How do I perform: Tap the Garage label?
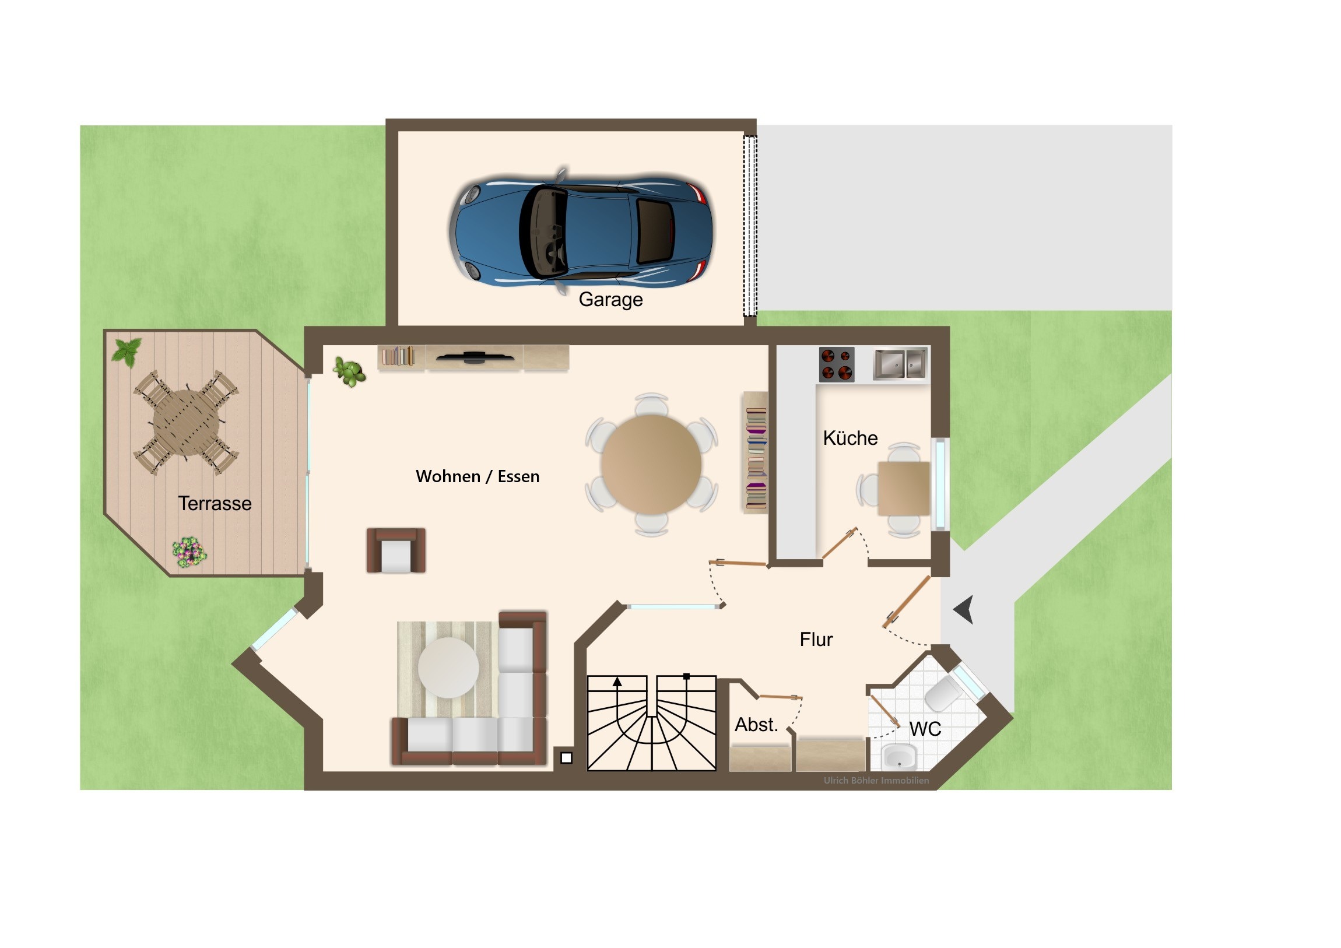610,300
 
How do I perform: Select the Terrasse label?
215,504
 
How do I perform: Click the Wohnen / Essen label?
478,477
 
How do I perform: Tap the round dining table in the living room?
651,464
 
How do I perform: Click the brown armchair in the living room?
396,551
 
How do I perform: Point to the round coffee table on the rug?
448,668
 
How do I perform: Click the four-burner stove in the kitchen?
836,364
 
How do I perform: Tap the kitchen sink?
900,364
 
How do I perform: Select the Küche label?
850,438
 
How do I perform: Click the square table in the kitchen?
904,489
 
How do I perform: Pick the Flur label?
816,640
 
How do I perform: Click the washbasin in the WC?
900,756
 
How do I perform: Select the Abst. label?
756,725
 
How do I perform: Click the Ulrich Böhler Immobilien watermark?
876,780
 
